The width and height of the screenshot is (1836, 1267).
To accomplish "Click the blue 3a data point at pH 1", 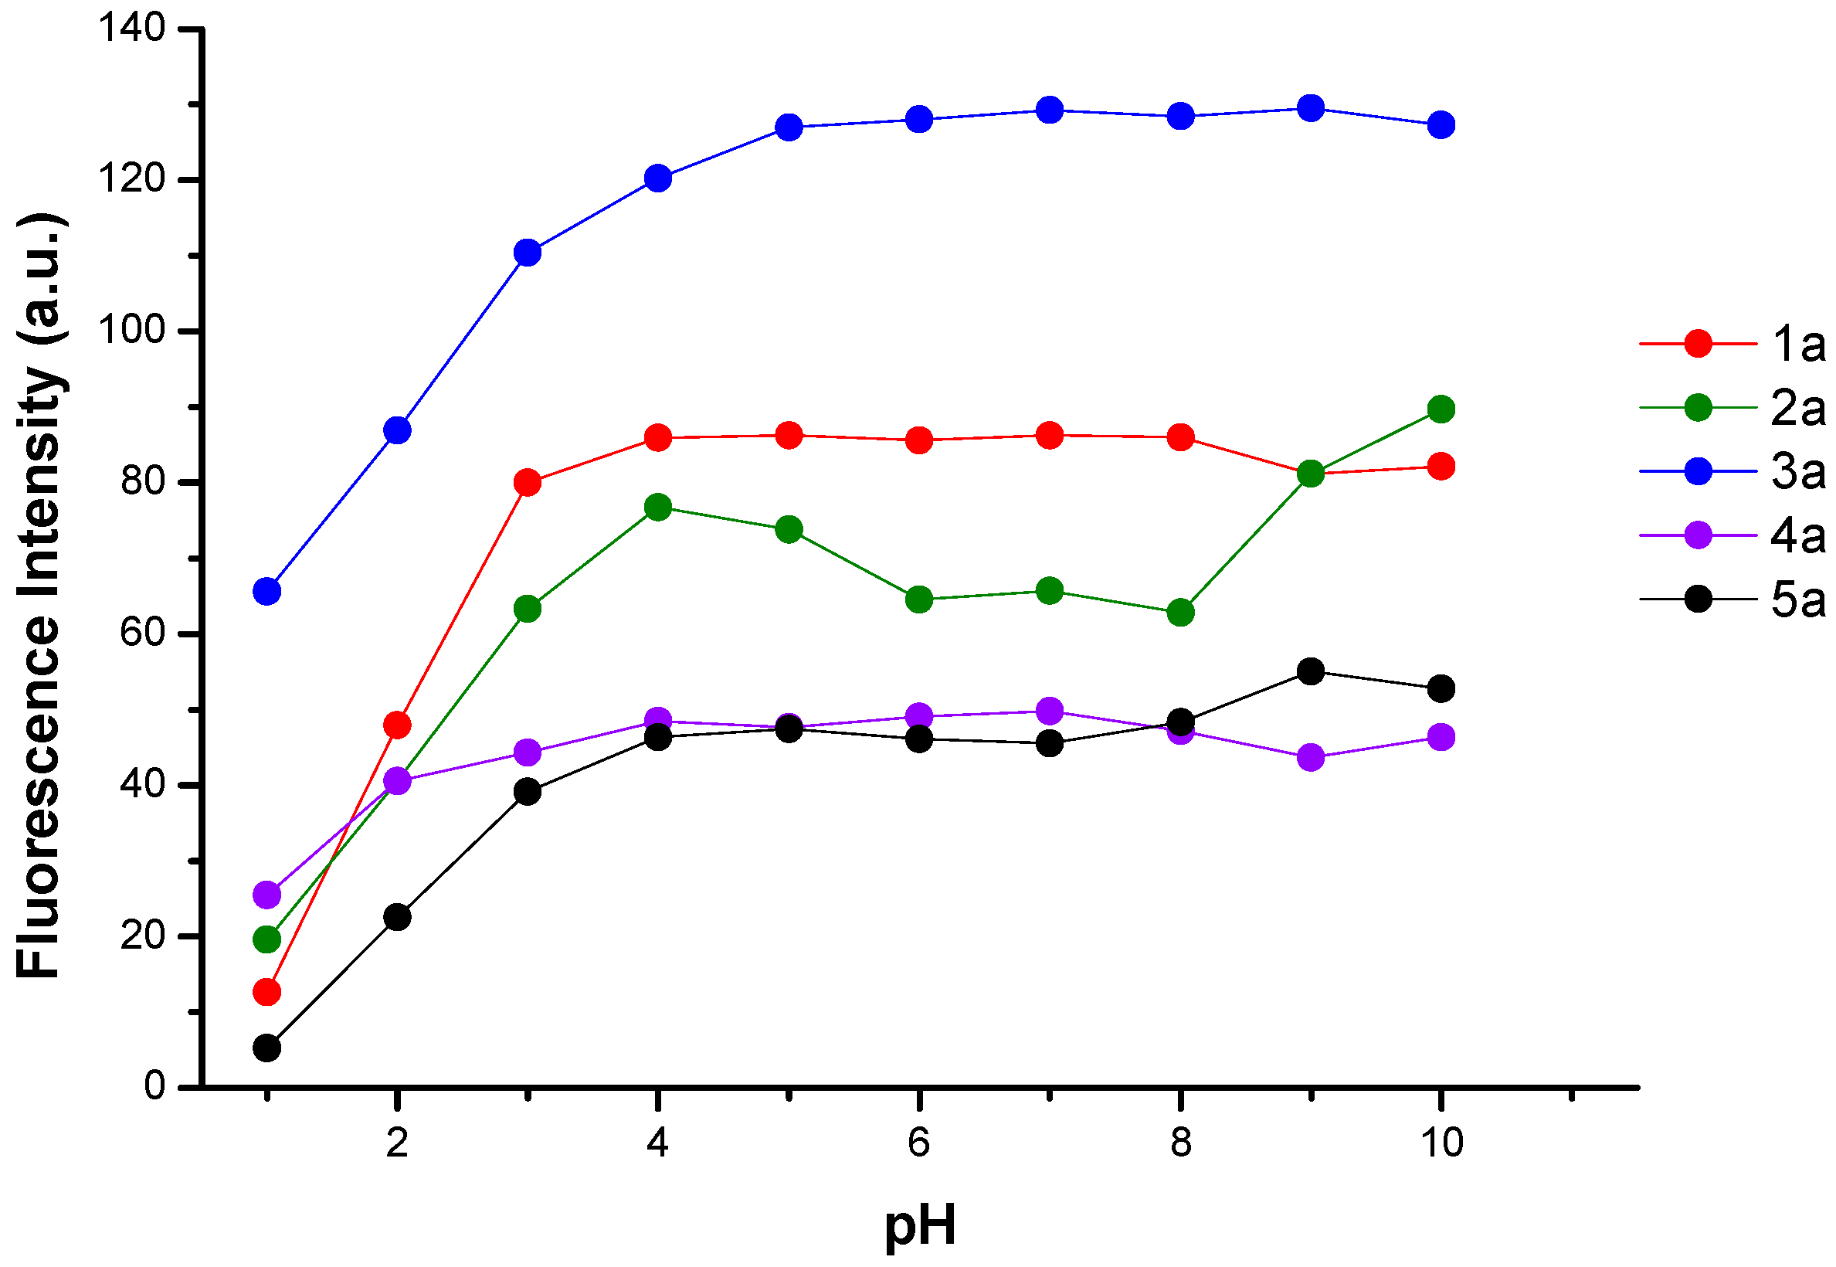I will (x=266, y=592).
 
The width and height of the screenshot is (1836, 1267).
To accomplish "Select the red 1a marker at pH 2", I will (x=397, y=725).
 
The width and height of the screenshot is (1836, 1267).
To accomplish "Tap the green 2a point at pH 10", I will (x=1441, y=409).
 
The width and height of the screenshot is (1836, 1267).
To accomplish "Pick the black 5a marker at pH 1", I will (x=266, y=1048).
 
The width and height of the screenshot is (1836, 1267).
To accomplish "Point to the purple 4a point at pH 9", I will (x=1311, y=757).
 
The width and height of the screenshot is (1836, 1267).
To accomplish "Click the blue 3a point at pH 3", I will (x=528, y=253).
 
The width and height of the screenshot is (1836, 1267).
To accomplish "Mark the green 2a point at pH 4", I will (x=658, y=508).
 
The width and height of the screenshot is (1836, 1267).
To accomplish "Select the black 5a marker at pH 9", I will (x=1311, y=671).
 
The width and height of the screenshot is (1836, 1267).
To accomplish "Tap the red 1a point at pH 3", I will (x=528, y=483).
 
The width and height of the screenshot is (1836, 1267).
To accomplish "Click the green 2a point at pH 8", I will (x=1181, y=612).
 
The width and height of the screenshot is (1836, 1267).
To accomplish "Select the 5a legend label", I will (x=1799, y=600).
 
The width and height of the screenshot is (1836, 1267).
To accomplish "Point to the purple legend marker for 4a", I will (x=1698, y=535).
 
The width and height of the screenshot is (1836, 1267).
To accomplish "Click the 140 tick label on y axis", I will (x=132, y=29).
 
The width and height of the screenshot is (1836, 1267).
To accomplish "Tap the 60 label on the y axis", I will (x=143, y=633).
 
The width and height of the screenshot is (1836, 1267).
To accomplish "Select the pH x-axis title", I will (x=920, y=1225).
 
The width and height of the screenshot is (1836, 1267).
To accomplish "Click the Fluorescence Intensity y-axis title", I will (x=39, y=596).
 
